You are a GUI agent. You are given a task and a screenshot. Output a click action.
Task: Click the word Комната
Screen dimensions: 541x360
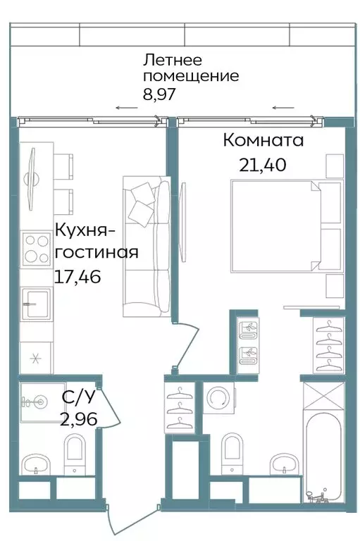pyautogui.click(x=263, y=140)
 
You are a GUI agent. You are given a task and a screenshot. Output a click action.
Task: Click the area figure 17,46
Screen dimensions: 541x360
pyautogui.click(x=77, y=277)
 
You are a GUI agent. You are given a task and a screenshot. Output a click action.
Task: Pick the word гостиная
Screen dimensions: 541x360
pyautogui.click(x=95, y=252)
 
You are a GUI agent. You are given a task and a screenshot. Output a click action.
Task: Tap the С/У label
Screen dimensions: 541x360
pyautogui.click(x=77, y=398)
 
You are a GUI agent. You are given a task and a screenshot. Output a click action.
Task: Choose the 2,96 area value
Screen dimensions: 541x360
pyautogui.click(x=79, y=421)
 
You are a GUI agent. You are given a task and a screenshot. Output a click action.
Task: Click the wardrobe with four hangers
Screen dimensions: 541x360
pyautogui.click(x=328, y=345)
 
